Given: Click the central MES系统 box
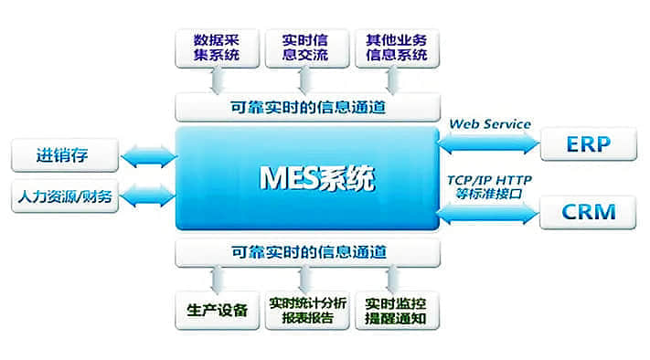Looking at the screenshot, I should (307, 177).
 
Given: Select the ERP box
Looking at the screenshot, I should (588, 143).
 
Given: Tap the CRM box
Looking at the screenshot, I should (588, 214).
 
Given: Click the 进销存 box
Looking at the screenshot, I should (64, 154).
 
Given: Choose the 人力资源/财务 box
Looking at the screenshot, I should (64, 195).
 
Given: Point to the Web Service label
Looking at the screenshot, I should (490, 123).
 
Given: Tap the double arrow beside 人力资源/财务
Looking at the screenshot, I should (148, 195).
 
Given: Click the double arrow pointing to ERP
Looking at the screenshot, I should (489, 143).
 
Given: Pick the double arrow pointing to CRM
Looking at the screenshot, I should (489, 213).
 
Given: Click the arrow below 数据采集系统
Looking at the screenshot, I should (218, 82).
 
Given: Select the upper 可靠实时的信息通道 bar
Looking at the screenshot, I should (307, 107).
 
